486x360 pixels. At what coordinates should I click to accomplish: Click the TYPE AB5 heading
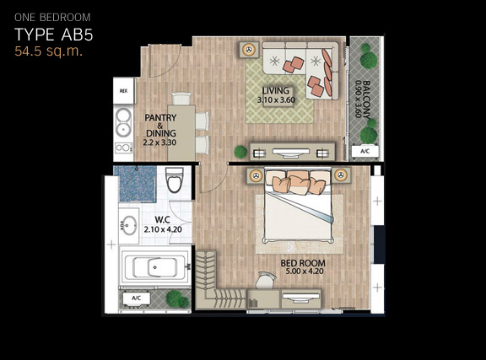point(54,35)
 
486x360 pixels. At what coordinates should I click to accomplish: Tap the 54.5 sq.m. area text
point(49,51)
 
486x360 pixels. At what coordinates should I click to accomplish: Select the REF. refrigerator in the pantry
point(124,90)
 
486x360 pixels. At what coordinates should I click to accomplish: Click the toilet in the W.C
point(175,180)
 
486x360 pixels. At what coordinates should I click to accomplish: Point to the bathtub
point(155,267)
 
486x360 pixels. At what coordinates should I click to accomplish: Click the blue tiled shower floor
point(135,184)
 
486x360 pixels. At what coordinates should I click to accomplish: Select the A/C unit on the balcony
point(365,152)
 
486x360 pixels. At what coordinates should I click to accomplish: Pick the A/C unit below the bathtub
point(137,298)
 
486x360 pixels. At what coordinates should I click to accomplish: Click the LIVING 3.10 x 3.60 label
point(276,95)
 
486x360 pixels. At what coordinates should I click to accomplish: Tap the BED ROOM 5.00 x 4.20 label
point(303,267)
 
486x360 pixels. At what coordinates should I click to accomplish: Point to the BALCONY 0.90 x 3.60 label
point(362,99)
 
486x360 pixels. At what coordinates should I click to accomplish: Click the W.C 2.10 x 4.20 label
point(163,224)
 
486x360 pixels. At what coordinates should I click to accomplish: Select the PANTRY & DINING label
point(160,130)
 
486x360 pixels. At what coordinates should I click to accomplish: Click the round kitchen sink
point(123,122)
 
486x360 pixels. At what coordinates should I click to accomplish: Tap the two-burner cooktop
point(124,148)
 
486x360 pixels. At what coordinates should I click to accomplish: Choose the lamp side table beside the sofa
point(249,50)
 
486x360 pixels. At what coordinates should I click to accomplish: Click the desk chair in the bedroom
point(266,281)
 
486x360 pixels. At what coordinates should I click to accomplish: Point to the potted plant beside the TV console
point(240,152)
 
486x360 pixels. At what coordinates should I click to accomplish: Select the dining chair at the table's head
point(181,98)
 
